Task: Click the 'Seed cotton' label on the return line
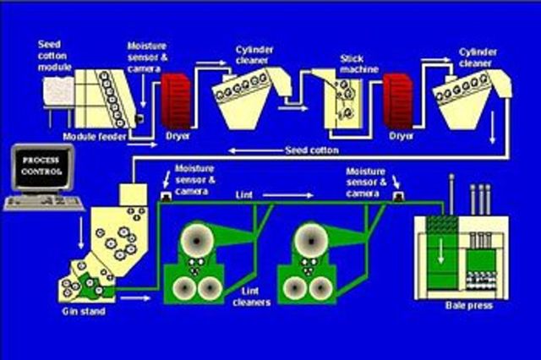[x=314, y=151]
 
